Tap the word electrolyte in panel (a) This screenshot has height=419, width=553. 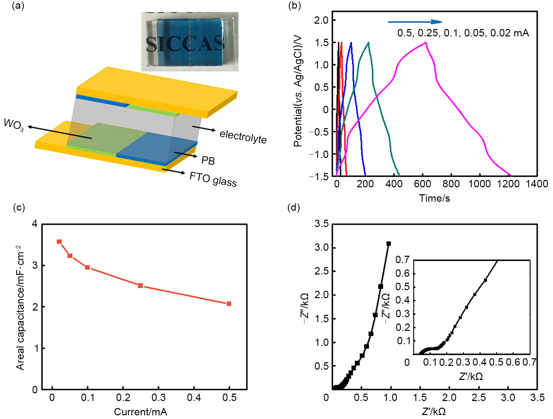243,136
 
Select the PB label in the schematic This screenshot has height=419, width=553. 208,161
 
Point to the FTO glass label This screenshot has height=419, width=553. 213,179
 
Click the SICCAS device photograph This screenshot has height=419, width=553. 190,42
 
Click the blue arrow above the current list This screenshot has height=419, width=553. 415,22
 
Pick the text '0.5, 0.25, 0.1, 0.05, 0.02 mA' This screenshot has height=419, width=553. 463,33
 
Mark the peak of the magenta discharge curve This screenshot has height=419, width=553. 426,42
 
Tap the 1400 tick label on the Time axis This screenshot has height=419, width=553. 537,184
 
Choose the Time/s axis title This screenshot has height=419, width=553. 434,198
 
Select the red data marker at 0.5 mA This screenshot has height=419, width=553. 229,304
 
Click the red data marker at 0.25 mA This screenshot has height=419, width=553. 140,285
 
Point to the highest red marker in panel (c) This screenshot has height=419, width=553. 59,242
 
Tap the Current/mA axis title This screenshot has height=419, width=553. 140,412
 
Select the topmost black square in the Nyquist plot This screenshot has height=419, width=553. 389,244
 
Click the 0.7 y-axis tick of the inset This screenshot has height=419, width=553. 402,260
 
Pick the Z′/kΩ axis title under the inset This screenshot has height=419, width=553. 471,377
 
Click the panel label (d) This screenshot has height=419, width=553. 294,208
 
